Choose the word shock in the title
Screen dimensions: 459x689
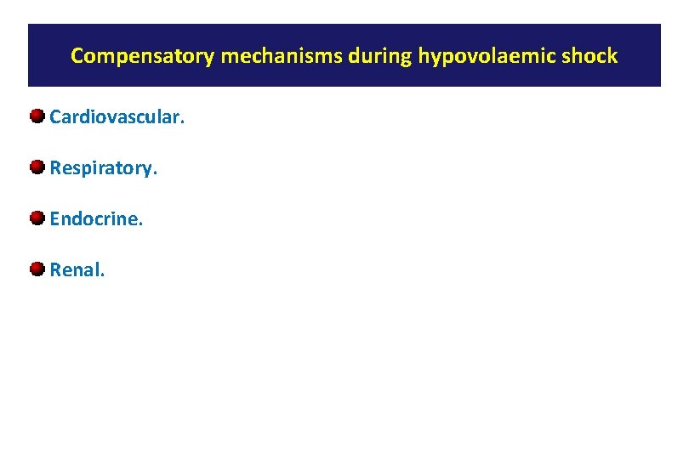click(591, 57)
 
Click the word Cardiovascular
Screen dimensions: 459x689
click(116, 117)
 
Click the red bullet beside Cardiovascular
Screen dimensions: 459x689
click(37, 116)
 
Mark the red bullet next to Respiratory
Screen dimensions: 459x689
click(37, 167)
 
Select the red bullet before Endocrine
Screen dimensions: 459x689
click(37, 218)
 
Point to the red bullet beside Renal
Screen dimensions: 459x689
click(37, 269)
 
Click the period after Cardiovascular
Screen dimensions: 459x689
click(181, 123)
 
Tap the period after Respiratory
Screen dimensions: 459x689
click(155, 174)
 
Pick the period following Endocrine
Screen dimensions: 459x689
click(141, 225)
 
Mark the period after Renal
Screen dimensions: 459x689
click(103, 276)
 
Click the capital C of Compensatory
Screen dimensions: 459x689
click(77, 57)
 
